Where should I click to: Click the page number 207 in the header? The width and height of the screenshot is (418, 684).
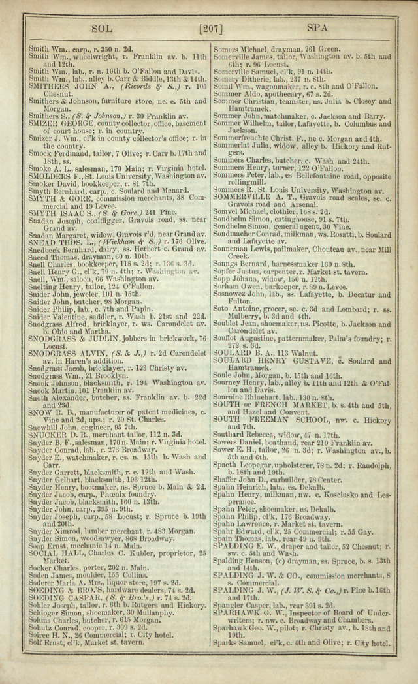pos(210,29)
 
